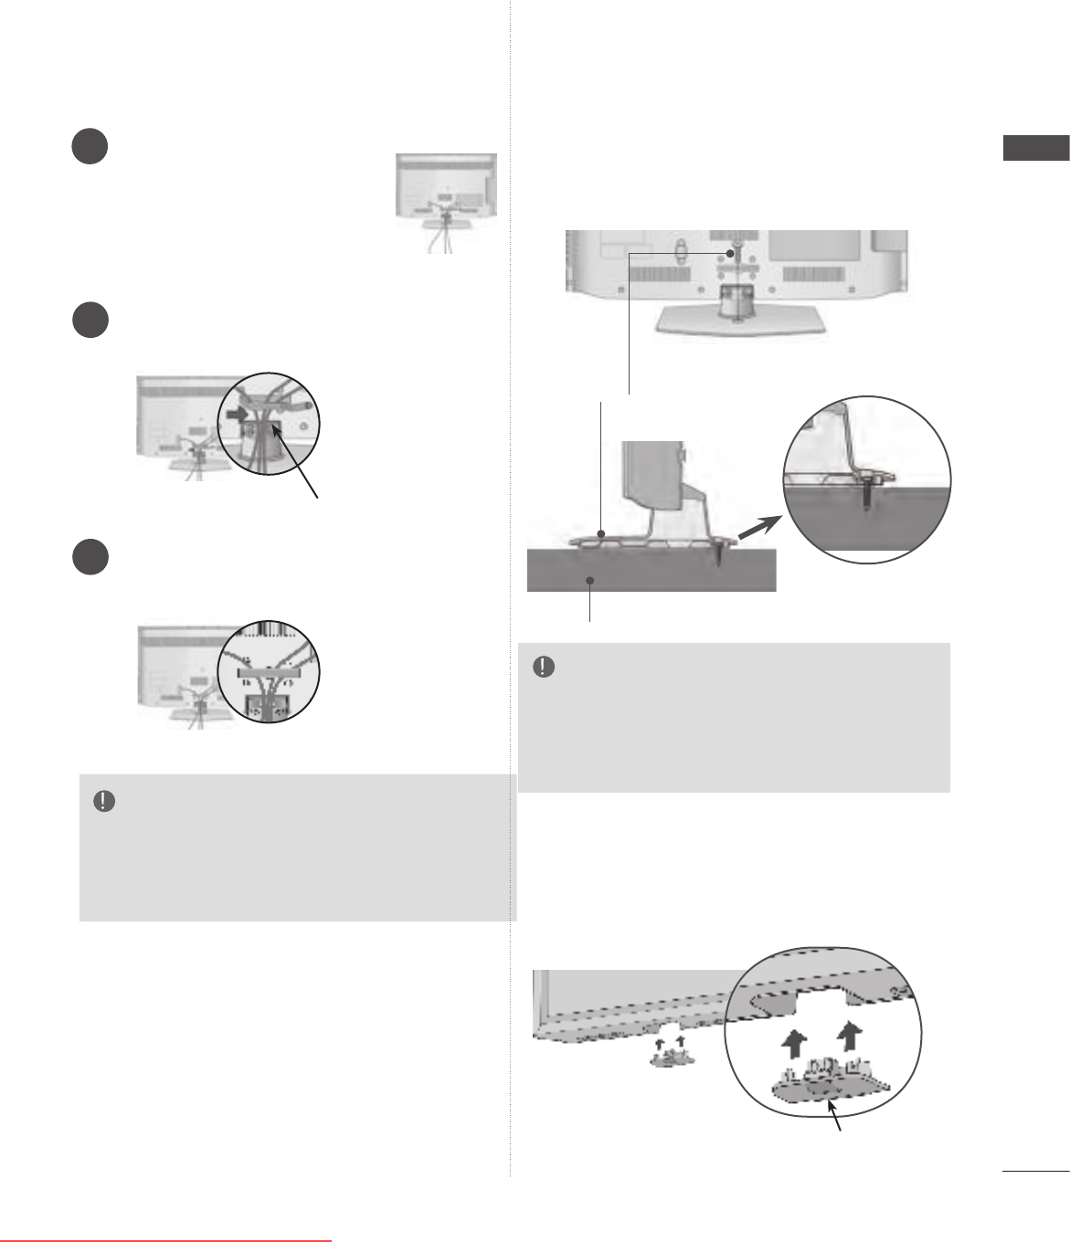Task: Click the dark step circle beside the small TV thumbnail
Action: (90, 148)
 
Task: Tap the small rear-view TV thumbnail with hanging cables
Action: (446, 201)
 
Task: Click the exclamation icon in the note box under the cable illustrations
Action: (104, 802)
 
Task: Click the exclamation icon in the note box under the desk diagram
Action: (543, 668)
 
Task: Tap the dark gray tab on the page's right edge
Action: (1035, 149)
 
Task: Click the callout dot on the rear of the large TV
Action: (730, 252)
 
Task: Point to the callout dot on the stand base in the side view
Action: (599, 532)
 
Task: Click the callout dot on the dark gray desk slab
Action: (592, 580)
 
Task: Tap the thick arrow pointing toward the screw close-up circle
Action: (757, 531)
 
